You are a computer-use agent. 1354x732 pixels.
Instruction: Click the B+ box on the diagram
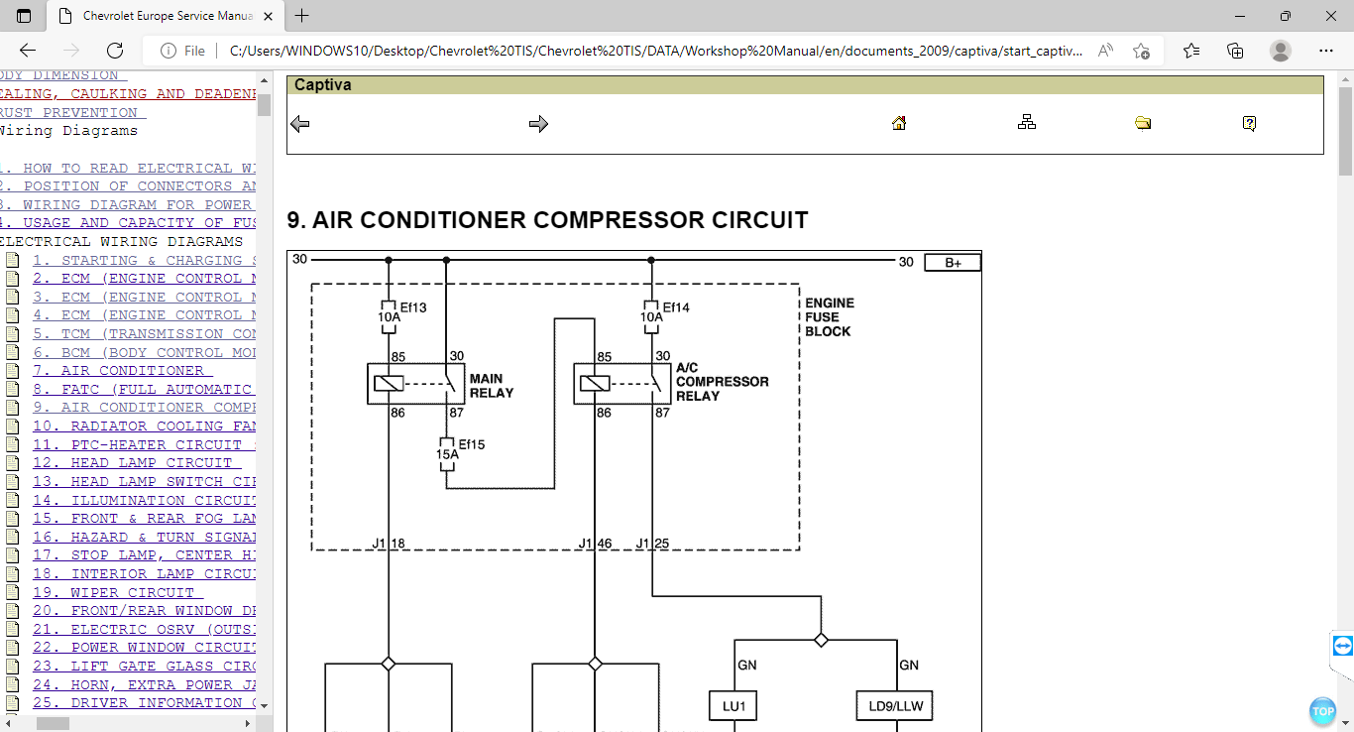pos(953,263)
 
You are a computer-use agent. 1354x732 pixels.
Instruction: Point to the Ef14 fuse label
pos(675,307)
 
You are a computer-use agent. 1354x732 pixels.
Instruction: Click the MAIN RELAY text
pos(492,386)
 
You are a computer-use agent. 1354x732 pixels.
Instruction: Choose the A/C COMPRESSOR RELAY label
pos(722,382)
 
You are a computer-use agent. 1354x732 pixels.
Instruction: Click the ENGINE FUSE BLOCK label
pos(829,317)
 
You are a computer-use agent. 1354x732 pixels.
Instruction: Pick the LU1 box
pos(733,705)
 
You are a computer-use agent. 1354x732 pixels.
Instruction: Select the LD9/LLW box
pos(894,705)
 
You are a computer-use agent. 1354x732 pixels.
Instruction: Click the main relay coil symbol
pos(388,383)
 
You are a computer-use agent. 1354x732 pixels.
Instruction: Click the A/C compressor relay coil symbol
pos(594,383)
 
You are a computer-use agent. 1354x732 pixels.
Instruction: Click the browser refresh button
pos(115,51)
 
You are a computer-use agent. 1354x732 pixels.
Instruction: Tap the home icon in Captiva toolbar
pos(899,123)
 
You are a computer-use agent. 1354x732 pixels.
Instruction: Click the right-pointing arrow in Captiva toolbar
pos(538,124)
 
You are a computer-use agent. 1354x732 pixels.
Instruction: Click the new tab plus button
pos(302,16)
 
